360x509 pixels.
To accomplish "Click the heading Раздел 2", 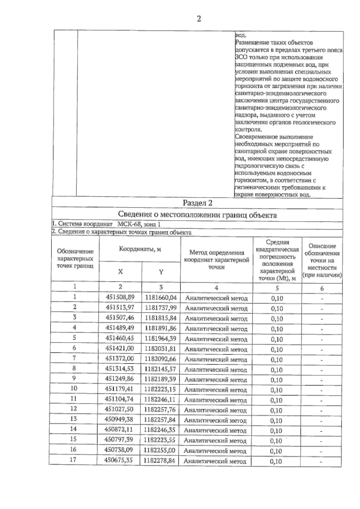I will pyautogui.click(x=197, y=203).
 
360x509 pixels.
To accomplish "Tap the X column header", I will pyautogui.click(x=120, y=272).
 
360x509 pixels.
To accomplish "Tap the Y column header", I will pyautogui.click(x=161, y=272).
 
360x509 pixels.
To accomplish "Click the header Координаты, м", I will pyautogui.click(x=140, y=249).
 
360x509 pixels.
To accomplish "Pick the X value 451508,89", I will pyautogui.click(x=120, y=297).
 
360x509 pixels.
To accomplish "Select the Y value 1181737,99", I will pyautogui.click(x=160, y=308).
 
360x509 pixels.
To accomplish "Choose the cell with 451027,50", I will pyautogui.click(x=119, y=409).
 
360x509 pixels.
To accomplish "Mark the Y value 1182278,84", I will pyautogui.click(x=159, y=460).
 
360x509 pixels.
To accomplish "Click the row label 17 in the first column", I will pyautogui.click(x=73, y=460).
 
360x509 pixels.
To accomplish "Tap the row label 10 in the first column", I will pyautogui.click(x=73, y=388).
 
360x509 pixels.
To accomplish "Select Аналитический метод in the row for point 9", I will pyautogui.click(x=215, y=380).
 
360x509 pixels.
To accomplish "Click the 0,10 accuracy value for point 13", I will pyautogui.click(x=276, y=421).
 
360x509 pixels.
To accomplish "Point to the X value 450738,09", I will pyautogui.click(x=119, y=450).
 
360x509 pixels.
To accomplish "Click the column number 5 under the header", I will pyautogui.click(x=277, y=288).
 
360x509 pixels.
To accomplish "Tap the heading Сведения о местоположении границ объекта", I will pyautogui.click(x=197, y=215).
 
